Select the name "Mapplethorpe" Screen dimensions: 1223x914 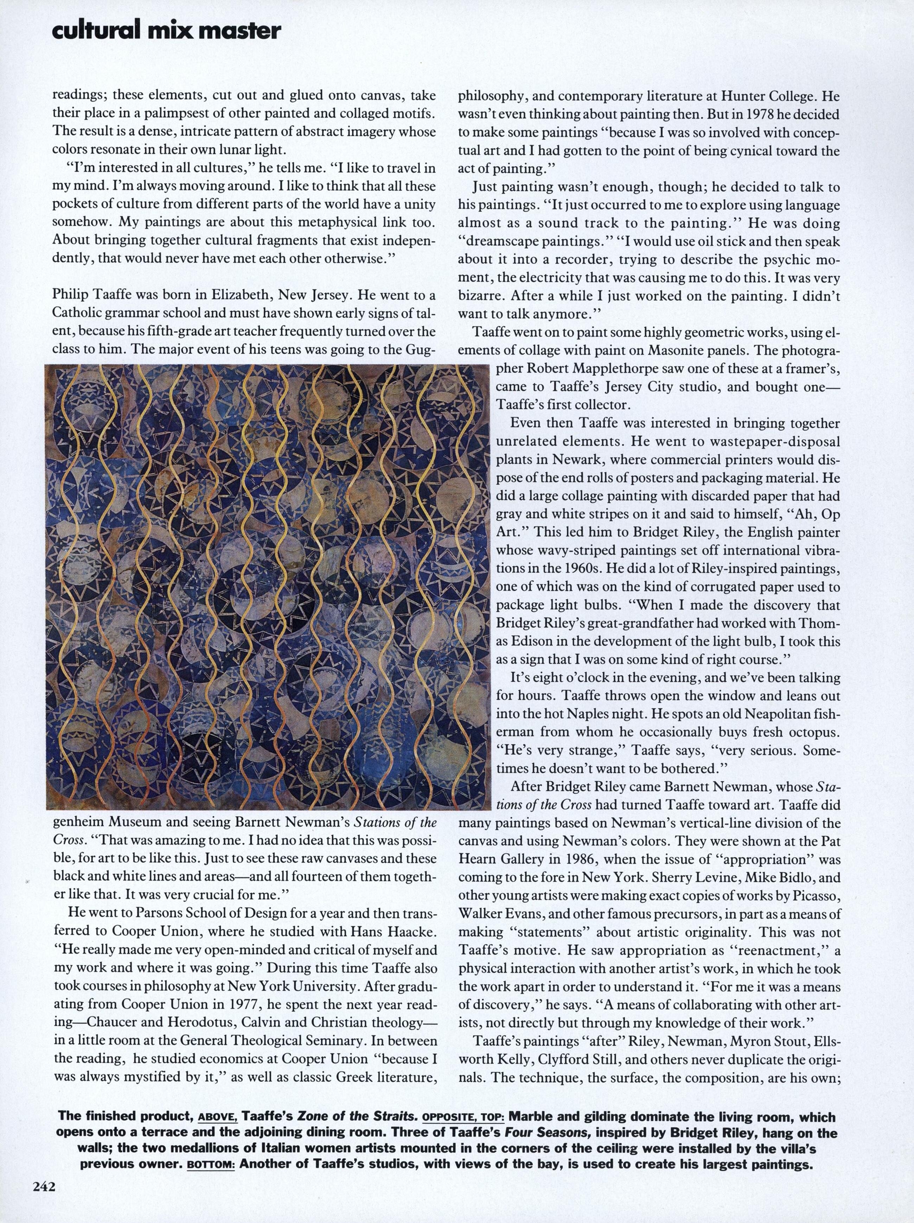point(640,368)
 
